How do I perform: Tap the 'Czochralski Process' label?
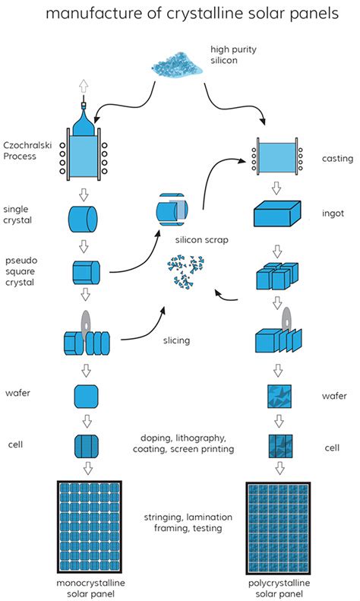tap(27, 150)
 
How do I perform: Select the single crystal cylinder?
tap(83, 219)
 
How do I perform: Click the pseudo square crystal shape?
tap(86, 273)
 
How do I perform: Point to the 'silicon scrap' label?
tap(202, 240)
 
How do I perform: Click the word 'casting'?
tap(337, 159)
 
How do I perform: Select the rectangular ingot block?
tap(278, 214)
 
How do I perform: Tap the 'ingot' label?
tap(333, 214)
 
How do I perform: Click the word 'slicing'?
tap(176, 340)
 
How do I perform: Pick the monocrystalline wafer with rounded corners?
tap(86, 397)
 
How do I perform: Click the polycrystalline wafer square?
tap(279, 397)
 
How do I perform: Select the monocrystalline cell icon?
tap(86, 446)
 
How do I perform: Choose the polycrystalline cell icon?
tap(280, 446)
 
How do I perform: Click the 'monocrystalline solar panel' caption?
tap(91, 588)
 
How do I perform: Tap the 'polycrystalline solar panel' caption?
tap(279, 588)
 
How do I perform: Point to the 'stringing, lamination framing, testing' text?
tap(188, 523)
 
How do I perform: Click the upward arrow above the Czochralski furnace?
tap(84, 87)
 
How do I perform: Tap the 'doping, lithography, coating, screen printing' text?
tap(184, 444)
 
